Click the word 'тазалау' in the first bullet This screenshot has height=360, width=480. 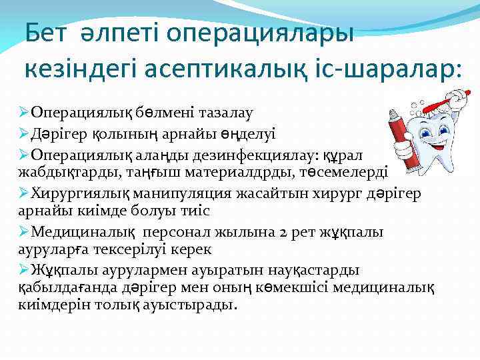[225, 115]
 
